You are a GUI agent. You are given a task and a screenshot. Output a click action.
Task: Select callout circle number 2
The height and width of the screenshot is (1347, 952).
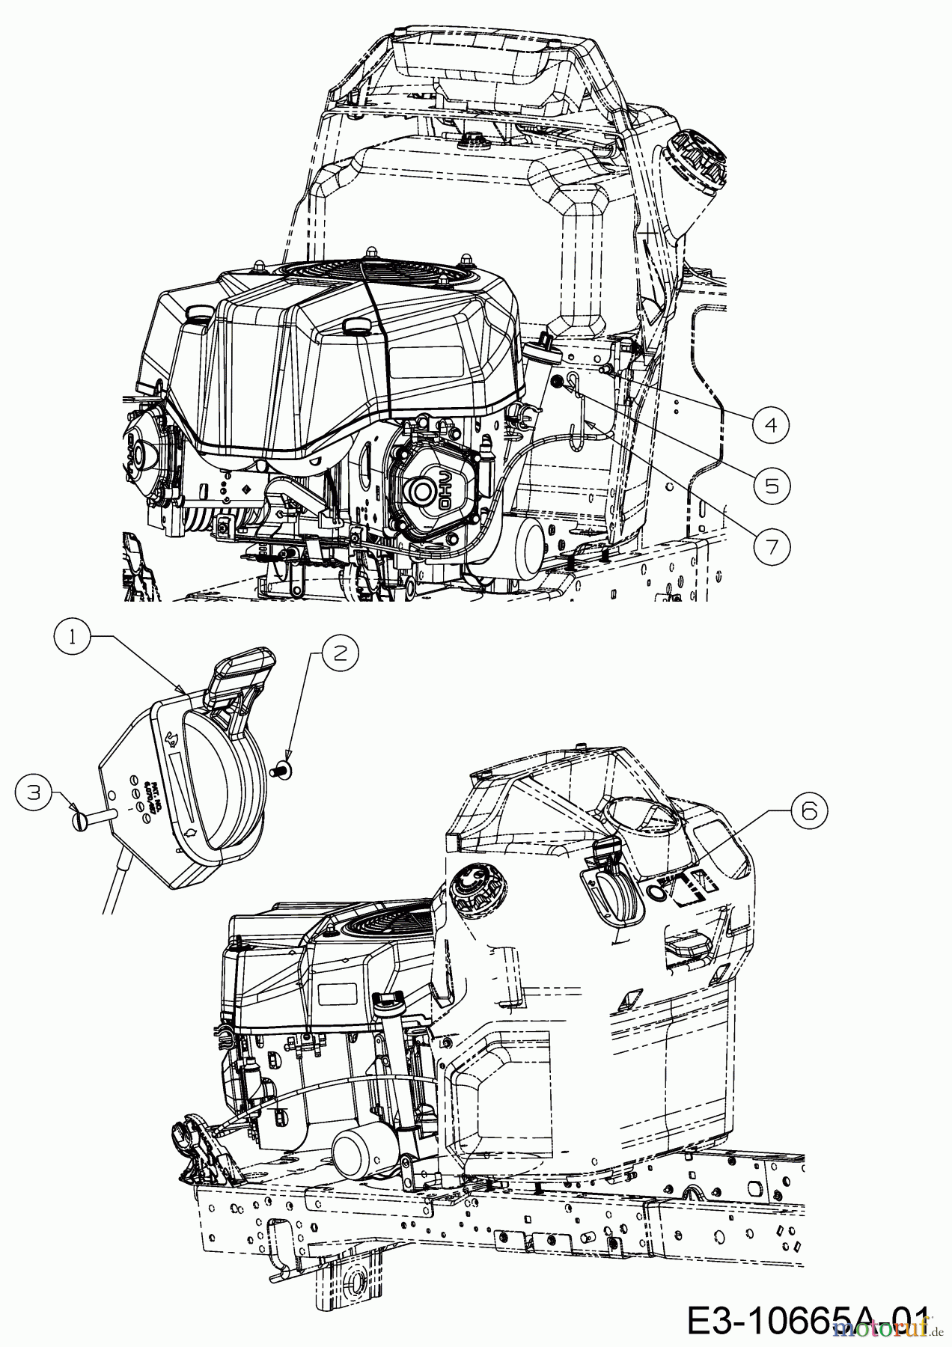(340, 653)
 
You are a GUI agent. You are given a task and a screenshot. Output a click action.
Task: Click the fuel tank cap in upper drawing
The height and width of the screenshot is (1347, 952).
(696, 157)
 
